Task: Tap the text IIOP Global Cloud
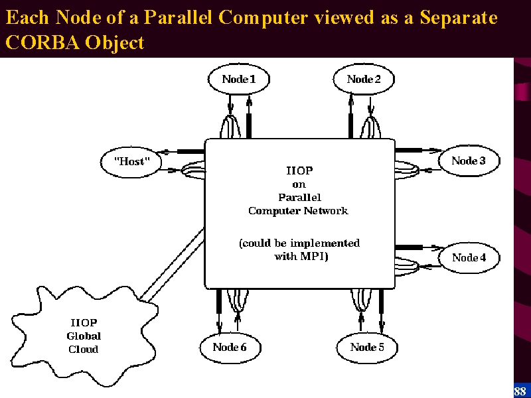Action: click(84, 336)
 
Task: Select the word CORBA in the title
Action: click(42, 42)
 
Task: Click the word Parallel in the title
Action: click(178, 17)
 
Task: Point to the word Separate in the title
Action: click(459, 18)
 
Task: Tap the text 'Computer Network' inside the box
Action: click(298, 211)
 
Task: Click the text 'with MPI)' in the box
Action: click(301, 256)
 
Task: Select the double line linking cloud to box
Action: click(173, 265)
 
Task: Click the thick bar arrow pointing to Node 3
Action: click(419, 150)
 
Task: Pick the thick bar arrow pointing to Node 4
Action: click(419, 247)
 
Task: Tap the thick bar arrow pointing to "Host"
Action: click(181, 152)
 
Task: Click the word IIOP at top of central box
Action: click(299, 170)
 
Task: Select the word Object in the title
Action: click(114, 43)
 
